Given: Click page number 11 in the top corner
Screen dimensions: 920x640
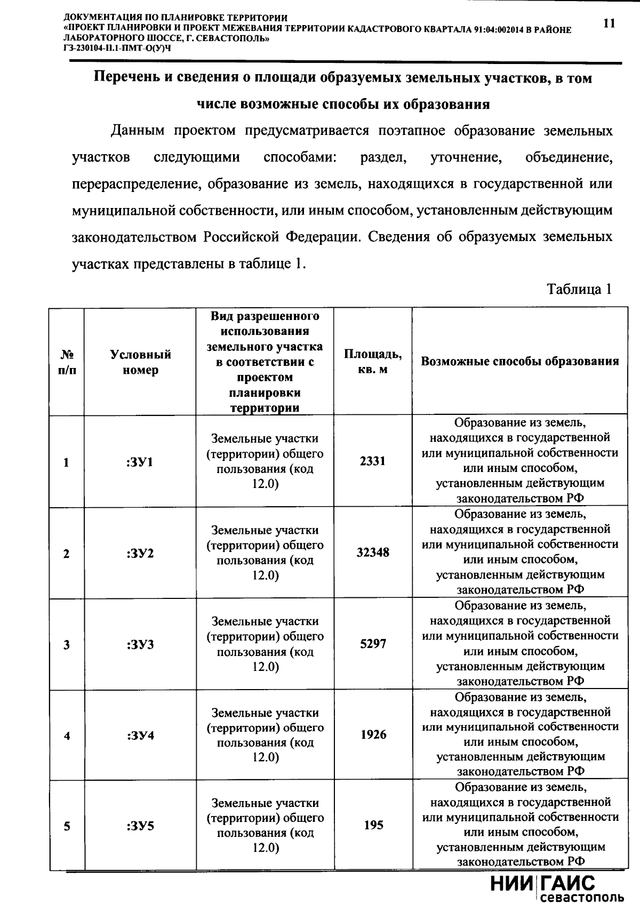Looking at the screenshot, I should [609, 23].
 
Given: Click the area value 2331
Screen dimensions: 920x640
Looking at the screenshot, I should [372, 461].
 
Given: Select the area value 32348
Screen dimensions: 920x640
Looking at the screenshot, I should [373, 553].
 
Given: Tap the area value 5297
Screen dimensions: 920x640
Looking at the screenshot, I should [373, 644].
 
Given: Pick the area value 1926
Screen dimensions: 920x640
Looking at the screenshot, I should [373, 735].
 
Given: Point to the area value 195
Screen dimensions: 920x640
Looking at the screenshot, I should [373, 825].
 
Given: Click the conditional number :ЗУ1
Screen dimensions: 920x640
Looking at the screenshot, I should [140, 462].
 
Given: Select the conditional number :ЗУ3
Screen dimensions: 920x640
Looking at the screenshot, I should [140, 645].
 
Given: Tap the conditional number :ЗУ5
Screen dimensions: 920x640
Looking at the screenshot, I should [140, 827].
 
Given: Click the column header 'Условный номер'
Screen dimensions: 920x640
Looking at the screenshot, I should [140, 362].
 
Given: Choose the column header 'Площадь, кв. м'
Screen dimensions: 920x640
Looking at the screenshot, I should [373, 361].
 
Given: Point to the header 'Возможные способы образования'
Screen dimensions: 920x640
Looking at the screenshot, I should [520, 361].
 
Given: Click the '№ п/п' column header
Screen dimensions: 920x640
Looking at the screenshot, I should [67, 362].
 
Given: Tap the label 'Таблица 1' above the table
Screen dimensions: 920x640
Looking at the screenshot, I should [579, 289].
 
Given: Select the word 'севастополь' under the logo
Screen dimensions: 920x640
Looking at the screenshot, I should [582, 898].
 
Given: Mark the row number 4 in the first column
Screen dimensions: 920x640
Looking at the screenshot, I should [67, 736].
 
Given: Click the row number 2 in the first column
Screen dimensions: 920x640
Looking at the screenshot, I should [67, 554].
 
